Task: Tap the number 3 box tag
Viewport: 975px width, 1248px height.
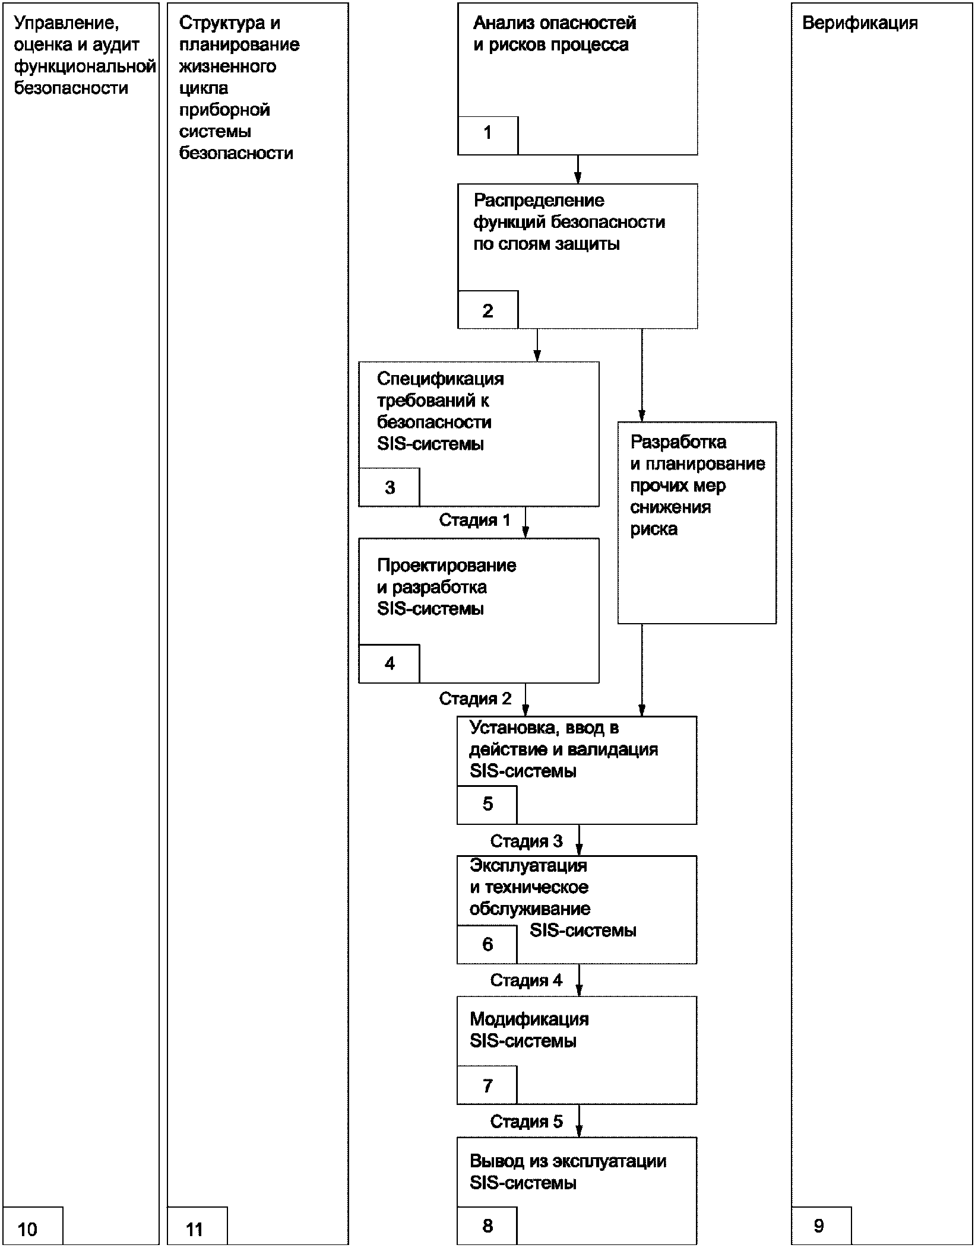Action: [389, 487]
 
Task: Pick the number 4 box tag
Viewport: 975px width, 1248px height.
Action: [389, 663]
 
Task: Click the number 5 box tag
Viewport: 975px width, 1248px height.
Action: [487, 805]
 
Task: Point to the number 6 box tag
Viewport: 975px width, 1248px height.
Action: [487, 944]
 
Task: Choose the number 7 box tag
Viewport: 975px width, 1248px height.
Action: [487, 1085]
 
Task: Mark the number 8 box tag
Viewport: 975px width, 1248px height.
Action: [487, 1225]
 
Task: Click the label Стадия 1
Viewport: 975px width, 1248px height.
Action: [474, 520]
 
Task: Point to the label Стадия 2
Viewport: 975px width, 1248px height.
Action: [475, 698]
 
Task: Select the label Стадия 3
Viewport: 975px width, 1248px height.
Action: [526, 841]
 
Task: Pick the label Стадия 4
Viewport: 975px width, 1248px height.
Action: [526, 980]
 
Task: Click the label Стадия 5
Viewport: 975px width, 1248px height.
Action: [526, 1121]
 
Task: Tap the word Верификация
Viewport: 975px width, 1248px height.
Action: [860, 23]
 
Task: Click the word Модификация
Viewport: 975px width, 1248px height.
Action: [529, 1020]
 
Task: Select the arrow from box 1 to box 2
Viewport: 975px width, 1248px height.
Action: [578, 169]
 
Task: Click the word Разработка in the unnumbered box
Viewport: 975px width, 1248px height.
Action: [678, 442]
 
